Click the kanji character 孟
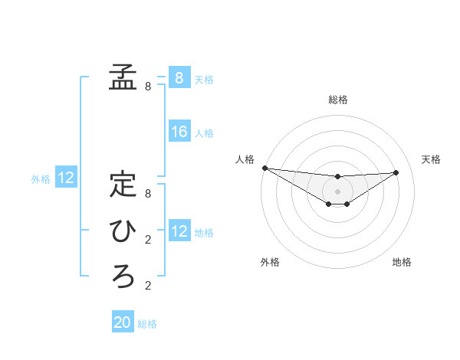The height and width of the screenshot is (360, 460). [123, 77]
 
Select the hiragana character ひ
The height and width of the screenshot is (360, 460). [123, 231]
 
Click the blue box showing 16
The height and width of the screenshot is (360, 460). [179, 133]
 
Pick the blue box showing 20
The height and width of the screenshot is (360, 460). [123, 322]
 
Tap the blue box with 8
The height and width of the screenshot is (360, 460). [179, 78]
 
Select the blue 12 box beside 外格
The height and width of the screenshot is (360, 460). [66, 178]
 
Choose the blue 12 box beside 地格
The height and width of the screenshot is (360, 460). [179, 231]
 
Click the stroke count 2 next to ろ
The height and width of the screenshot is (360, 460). [148, 286]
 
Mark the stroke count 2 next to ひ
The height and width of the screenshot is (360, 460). [148, 241]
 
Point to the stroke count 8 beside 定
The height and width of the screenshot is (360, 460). [148, 195]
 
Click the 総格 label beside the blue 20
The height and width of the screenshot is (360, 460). [147, 324]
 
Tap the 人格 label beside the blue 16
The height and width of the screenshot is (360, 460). [204, 133]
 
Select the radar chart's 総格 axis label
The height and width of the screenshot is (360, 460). [338, 100]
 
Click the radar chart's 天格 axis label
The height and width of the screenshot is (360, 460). [432, 159]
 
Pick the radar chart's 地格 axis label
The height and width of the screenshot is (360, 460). [402, 262]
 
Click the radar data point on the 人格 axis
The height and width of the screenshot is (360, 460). [264, 168]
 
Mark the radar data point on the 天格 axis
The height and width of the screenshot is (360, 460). [396, 172]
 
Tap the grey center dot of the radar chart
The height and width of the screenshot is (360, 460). [338, 191]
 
